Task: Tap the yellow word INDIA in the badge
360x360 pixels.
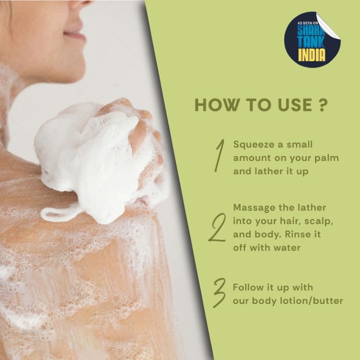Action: (x=311, y=55)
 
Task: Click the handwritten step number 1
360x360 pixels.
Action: (x=220, y=155)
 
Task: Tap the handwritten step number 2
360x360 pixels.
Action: (x=217, y=227)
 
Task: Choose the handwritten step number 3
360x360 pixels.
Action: (x=220, y=293)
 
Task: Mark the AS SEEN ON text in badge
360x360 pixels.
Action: (x=307, y=23)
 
